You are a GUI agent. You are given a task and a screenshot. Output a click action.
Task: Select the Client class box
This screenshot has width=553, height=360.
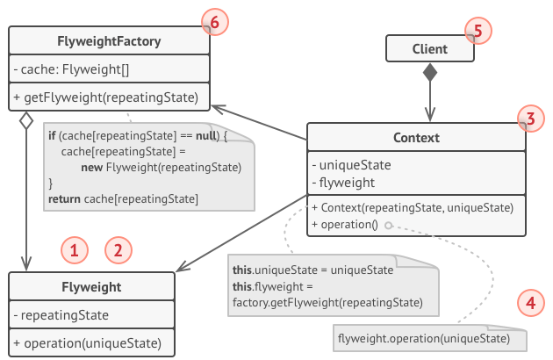[430, 49]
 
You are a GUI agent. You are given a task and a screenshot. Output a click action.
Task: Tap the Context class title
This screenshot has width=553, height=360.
[417, 139]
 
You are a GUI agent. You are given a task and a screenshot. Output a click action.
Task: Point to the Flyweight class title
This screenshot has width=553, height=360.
[91, 286]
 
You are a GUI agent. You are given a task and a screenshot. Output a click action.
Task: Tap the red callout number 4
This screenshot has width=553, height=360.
[528, 304]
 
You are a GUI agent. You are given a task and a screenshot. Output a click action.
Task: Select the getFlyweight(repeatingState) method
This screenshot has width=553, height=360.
[106, 97]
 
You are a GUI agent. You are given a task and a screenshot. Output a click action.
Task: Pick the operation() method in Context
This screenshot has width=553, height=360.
[345, 224]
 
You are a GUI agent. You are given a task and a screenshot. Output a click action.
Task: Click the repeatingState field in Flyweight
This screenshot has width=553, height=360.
[61, 314]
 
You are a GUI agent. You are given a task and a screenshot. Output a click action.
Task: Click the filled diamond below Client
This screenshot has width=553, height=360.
[429, 73]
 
